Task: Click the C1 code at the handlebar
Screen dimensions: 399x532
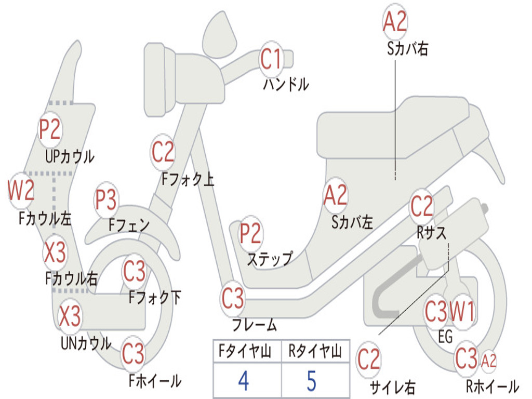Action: click(x=271, y=59)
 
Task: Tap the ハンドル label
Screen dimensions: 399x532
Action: click(x=286, y=84)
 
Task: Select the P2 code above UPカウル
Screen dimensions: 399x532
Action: click(x=50, y=130)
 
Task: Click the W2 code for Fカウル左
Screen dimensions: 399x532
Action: click(x=21, y=191)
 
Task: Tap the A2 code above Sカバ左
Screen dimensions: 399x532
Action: click(x=335, y=195)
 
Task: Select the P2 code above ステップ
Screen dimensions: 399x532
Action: click(x=250, y=234)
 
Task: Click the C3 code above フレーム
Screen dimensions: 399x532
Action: click(x=233, y=299)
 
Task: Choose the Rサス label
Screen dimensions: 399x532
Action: click(x=431, y=233)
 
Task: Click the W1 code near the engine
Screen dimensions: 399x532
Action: click(x=462, y=312)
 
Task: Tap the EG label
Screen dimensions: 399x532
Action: click(x=445, y=337)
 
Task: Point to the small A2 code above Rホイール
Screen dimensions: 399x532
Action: click(x=489, y=360)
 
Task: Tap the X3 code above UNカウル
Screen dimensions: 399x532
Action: click(x=70, y=316)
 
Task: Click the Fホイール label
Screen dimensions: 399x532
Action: click(x=155, y=381)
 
